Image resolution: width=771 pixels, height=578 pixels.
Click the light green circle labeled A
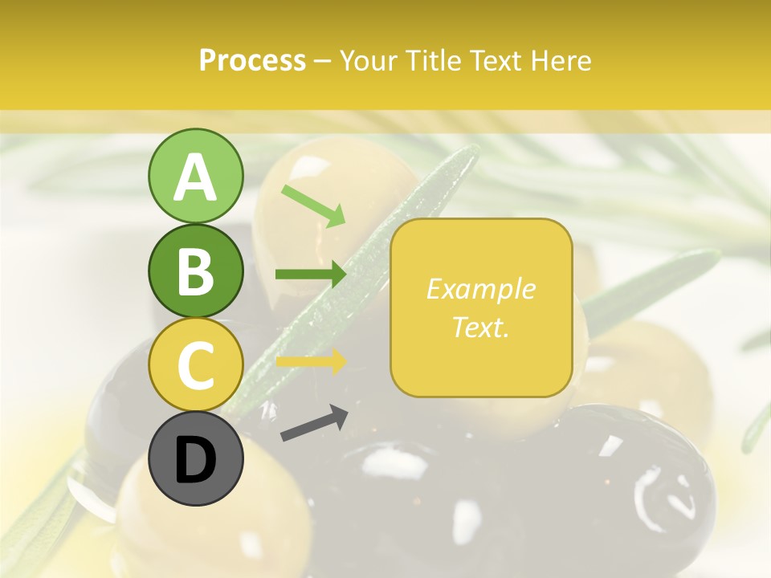pos(195,176)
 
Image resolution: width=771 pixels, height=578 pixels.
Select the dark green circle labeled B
pos(195,271)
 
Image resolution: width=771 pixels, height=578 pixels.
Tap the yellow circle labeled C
pos(195,364)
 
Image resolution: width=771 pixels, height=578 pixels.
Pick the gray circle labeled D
pos(195,458)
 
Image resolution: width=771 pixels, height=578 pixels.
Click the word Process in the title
pos(252,61)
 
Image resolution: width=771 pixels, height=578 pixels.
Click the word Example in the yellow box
pos(480,289)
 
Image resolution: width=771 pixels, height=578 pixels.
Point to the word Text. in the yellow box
pos(480,327)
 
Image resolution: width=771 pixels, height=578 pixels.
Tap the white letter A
pos(195,177)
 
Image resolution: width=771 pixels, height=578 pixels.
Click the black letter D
pos(195,460)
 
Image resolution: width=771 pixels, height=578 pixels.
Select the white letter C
pos(195,365)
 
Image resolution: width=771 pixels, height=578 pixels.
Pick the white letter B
pos(195,271)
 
